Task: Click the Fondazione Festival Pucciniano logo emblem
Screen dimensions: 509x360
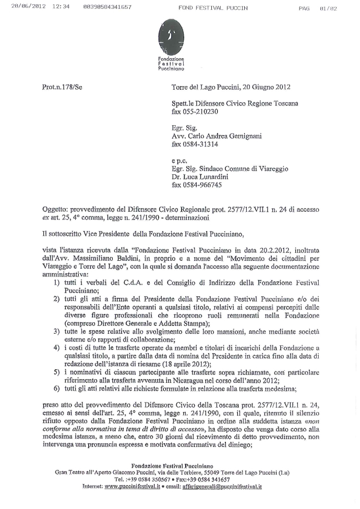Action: [x=172, y=39]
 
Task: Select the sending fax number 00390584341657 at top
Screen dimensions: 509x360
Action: [x=107, y=7]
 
